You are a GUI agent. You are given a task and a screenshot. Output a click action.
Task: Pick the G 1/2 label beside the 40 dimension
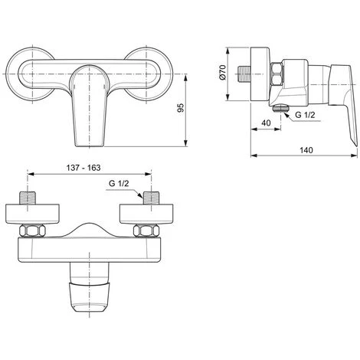click(305, 115)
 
